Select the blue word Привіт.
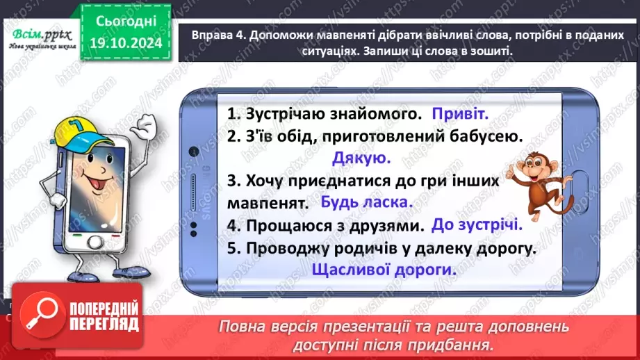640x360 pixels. pos(461,113)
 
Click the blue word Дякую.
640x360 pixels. pos(361,158)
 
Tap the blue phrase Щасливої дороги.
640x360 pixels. pos(384,270)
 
